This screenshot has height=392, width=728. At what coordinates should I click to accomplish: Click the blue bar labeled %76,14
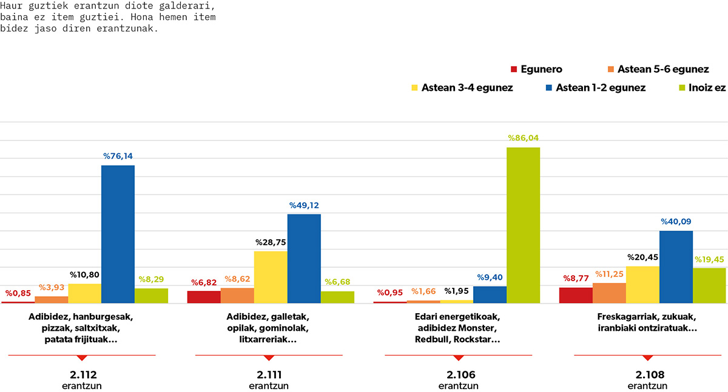point(118,234)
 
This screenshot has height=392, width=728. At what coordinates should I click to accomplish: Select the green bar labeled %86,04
point(523,225)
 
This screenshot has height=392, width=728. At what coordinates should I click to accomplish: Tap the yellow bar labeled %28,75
point(271,277)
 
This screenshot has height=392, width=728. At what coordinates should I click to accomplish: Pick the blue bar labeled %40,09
point(676,267)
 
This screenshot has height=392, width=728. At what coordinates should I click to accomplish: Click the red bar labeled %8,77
point(576,295)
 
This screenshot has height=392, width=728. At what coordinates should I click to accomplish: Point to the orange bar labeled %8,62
point(237,296)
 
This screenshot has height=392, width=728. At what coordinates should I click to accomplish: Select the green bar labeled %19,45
point(709,285)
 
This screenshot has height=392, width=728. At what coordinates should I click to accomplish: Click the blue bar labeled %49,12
point(304,259)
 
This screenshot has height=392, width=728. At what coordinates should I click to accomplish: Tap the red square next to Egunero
point(514,69)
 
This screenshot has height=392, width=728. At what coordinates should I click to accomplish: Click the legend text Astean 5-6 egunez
point(663,69)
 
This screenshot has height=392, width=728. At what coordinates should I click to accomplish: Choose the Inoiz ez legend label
point(707,88)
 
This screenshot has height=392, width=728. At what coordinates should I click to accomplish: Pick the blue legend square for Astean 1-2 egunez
point(549,88)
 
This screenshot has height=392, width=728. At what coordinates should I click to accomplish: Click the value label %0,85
point(18,293)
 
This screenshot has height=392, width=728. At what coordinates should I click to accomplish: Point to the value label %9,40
point(490,277)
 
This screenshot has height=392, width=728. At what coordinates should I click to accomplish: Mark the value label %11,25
point(609,274)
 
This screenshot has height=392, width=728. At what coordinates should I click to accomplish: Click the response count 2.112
point(83,375)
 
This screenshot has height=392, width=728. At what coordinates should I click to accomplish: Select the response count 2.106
point(461,375)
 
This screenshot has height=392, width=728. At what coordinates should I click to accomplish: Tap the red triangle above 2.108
point(648,358)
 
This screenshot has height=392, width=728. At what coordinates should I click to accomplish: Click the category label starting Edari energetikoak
point(457,328)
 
